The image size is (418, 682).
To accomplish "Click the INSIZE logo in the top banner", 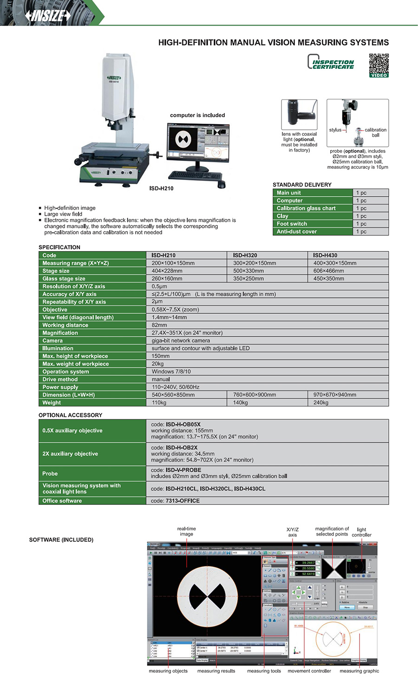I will [48, 15].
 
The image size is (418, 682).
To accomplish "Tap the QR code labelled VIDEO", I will [379, 65].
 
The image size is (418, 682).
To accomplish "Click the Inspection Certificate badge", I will [331, 62].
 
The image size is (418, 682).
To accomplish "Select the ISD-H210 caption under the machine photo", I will [161, 188].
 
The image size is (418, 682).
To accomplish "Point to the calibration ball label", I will [375, 132].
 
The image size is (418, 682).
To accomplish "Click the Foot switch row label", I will [292, 224].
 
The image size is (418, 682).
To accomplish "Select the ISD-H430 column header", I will [325, 255].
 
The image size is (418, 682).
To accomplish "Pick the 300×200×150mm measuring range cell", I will [255, 263].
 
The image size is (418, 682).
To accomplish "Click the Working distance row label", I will [65, 325].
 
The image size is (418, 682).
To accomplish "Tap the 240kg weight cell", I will [321, 403].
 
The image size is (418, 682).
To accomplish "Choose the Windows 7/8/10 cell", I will [171, 371].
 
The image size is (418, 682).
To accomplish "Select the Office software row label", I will [62, 501].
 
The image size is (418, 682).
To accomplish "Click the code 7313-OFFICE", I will [183, 501].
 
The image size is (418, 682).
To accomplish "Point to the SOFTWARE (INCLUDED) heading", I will [61, 540].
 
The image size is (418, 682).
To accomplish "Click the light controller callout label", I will [361, 532].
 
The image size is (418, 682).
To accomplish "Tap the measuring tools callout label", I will [264, 671].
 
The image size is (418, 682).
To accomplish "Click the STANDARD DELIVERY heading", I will [302, 185].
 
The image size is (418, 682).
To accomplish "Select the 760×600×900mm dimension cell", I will [255, 395].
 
